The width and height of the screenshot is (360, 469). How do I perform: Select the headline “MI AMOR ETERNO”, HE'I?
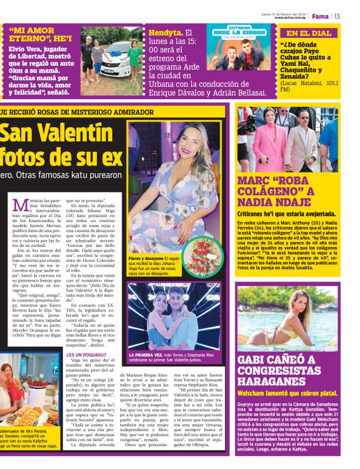point(40,34)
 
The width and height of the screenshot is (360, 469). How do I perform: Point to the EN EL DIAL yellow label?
point(309,33)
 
